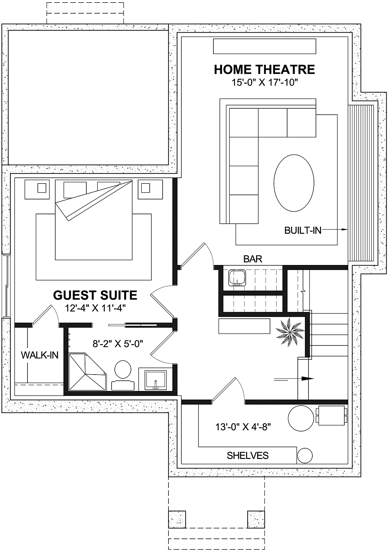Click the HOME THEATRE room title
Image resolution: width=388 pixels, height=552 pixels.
[264, 69]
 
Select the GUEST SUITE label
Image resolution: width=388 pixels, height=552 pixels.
[95, 295]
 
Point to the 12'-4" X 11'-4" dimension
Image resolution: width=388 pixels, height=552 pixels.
[95, 308]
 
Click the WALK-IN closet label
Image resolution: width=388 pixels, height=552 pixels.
[40, 355]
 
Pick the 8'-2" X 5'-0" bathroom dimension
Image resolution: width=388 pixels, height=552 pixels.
[118, 344]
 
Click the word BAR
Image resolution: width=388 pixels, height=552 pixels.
[253, 259]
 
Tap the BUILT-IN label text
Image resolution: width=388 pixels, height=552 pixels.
[303, 230]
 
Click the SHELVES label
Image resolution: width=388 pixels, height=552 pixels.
[247, 456]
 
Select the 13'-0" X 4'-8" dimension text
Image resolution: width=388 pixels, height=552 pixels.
[243, 427]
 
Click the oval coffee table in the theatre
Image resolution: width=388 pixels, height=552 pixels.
[294, 183]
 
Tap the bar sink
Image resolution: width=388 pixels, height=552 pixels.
[237, 278]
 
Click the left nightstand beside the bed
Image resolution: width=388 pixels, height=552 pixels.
[37, 189]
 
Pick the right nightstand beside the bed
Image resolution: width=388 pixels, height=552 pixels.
[150, 189]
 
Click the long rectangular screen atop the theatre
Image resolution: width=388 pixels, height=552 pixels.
[264, 46]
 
